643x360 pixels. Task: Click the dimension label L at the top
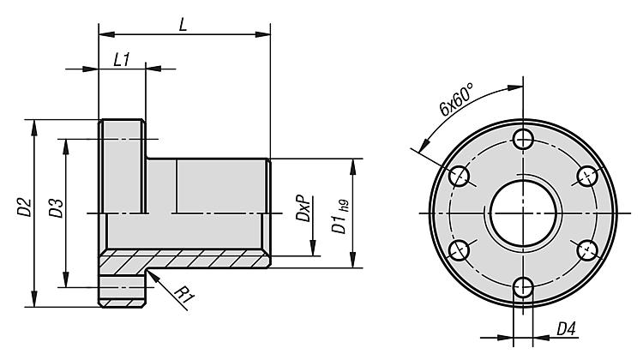click(x=183, y=25)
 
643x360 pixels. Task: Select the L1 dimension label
click(x=122, y=60)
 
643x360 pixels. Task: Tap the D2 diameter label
click(x=24, y=207)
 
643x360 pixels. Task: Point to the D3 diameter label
click(x=57, y=208)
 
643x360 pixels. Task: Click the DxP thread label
click(x=303, y=208)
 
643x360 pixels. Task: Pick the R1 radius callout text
click(x=183, y=295)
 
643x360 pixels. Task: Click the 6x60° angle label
click(x=455, y=99)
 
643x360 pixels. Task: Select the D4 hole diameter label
click(x=567, y=328)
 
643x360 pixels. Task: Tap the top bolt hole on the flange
click(x=523, y=140)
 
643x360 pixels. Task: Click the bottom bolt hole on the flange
click(x=523, y=287)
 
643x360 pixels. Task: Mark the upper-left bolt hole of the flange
click(x=460, y=177)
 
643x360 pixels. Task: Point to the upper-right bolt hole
click(x=587, y=177)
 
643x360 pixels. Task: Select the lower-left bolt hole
click(x=460, y=250)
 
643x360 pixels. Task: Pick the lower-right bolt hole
click(x=587, y=250)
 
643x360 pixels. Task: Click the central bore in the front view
click(x=523, y=213)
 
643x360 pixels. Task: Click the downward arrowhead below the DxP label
click(x=312, y=248)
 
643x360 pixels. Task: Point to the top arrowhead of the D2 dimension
click(x=34, y=128)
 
